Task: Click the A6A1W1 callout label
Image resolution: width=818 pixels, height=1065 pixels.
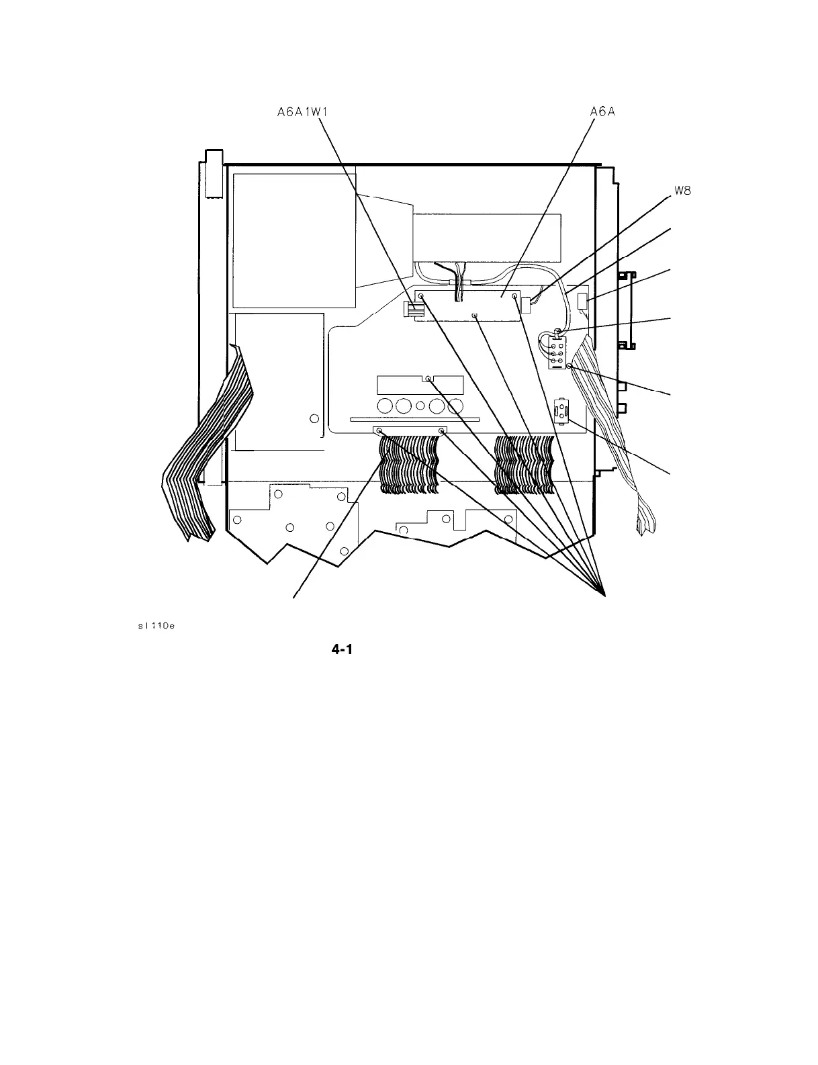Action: pyautogui.click(x=302, y=112)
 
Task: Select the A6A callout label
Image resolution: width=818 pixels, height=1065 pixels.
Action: pyautogui.click(x=602, y=112)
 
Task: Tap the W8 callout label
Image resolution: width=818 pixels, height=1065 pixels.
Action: pyautogui.click(x=683, y=190)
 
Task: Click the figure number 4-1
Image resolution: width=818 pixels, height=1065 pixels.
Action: pyautogui.click(x=342, y=649)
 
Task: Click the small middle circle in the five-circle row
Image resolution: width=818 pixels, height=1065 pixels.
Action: pyautogui.click(x=420, y=406)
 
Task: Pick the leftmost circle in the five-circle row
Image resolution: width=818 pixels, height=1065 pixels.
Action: pyautogui.click(x=385, y=406)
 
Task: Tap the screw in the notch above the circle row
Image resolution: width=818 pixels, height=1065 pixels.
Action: pyautogui.click(x=428, y=379)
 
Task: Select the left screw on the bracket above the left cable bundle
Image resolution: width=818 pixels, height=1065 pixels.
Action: pyautogui.click(x=379, y=430)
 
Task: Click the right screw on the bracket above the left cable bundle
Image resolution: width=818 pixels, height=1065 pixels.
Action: pyautogui.click(x=441, y=430)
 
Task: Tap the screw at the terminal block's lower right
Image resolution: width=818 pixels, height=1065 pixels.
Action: pyautogui.click(x=569, y=366)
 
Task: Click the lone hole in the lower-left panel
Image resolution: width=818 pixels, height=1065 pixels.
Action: pyautogui.click(x=314, y=420)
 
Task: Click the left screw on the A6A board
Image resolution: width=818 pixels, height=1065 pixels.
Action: pyautogui.click(x=421, y=295)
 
